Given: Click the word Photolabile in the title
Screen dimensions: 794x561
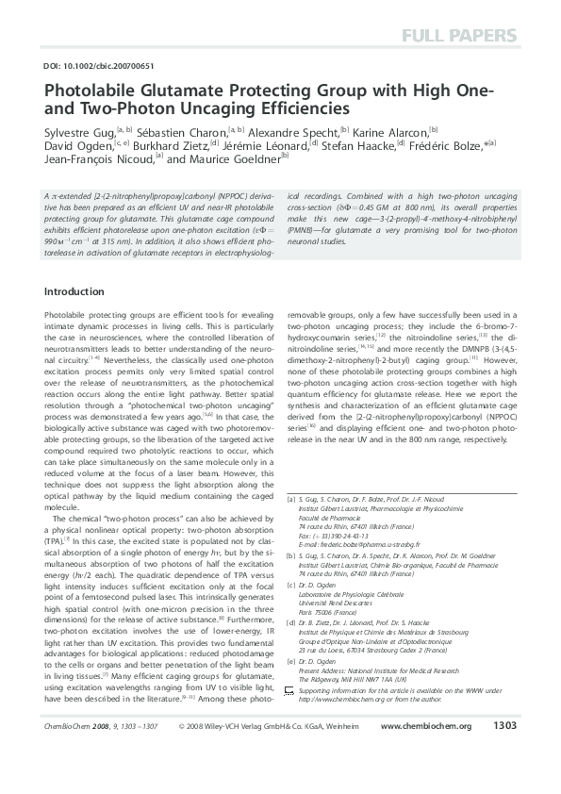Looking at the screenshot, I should [x=90, y=91].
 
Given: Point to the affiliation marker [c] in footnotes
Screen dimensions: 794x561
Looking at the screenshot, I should [x=290, y=611].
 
